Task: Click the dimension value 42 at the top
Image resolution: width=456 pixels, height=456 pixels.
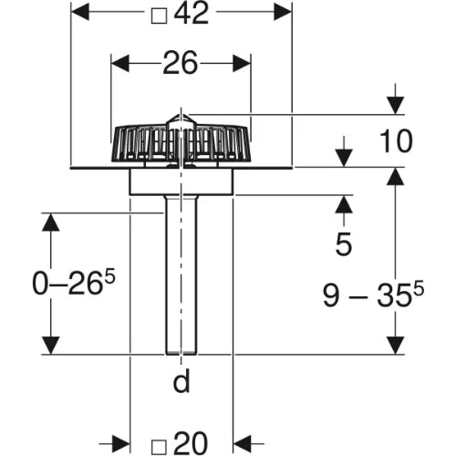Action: [x=192, y=14]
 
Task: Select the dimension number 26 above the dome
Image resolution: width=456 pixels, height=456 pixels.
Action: [x=181, y=63]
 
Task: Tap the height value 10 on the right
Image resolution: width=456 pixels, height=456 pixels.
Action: [x=396, y=141]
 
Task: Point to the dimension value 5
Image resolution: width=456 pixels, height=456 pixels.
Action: [x=344, y=244]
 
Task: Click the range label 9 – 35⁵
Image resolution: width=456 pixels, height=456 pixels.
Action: [x=373, y=294]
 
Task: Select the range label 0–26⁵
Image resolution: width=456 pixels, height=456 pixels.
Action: [x=74, y=283]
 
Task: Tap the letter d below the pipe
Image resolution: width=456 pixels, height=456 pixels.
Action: [x=181, y=380]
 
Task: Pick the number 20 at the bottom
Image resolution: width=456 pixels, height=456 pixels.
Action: [x=192, y=443]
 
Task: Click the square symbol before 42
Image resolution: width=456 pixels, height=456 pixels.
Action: [x=160, y=16]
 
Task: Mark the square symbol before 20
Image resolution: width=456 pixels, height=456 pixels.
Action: [x=160, y=447]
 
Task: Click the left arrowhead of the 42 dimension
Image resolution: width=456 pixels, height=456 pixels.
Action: [x=79, y=12]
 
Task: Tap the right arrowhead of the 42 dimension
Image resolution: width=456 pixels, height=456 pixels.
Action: [x=283, y=12]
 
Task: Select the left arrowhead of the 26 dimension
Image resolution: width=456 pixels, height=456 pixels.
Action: [x=120, y=63]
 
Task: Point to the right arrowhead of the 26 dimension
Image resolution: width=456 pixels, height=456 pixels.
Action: [x=242, y=63]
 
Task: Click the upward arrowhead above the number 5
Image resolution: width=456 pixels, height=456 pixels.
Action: [x=344, y=204]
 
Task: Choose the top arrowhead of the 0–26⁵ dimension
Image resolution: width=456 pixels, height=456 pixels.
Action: [x=50, y=222]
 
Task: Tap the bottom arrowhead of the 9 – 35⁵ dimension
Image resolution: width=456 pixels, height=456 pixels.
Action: [x=396, y=346]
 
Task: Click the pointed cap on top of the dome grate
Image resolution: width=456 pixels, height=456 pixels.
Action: [x=181, y=119]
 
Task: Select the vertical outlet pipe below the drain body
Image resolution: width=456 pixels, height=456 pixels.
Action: [x=181, y=275]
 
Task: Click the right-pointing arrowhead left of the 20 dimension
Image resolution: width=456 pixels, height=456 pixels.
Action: [x=121, y=444]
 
